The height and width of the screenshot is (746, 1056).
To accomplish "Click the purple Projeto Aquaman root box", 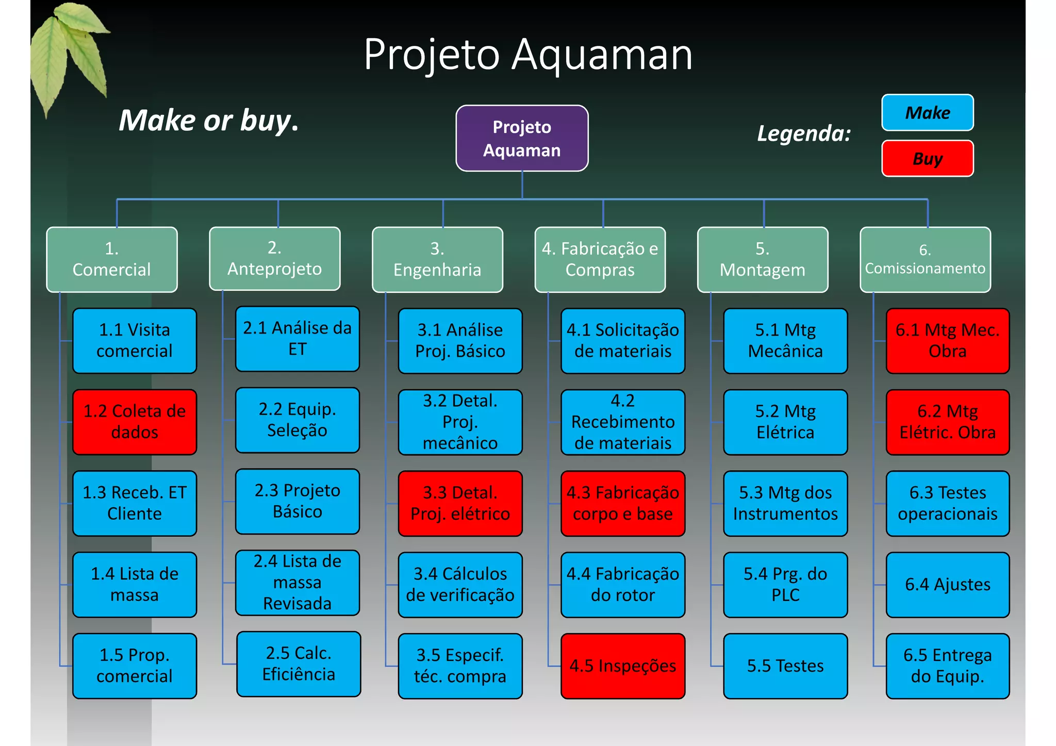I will pyautogui.click(x=522, y=138).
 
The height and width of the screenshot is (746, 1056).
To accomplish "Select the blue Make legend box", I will pyautogui.click(x=927, y=112).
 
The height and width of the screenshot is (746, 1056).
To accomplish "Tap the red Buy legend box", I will pyautogui.click(x=927, y=158).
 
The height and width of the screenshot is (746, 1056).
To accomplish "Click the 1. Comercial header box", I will pyautogui.click(x=112, y=259).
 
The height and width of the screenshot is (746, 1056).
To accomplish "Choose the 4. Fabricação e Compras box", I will pyautogui.click(x=600, y=259).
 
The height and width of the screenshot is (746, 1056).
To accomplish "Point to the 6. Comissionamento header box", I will pyautogui.click(x=925, y=259).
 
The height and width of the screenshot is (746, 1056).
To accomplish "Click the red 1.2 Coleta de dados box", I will pyautogui.click(x=135, y=422).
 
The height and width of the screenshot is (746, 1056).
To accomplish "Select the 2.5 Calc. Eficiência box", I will pyautogui.click(x=299, y=664).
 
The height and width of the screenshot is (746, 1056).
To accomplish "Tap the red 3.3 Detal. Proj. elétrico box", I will pyautogui.click(x=460, y=503).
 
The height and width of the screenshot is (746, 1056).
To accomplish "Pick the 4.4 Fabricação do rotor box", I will pyautogui.click(x=622, y=585).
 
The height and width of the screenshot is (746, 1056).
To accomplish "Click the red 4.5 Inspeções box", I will pyautogui.click(x=622, y=666).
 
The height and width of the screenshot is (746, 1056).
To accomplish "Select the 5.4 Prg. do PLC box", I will pyautogui.click(x=785, y=585).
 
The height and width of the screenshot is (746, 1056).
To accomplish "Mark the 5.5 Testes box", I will pyautogui.click(x=785, y=666).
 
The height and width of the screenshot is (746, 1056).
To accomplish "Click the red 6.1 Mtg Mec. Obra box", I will pyautogui.click(x=947, y=341).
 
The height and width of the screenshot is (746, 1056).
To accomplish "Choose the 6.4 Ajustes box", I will pyautogui.click(x=947, y=585).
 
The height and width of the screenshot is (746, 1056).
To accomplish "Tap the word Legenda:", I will pyautogui.click(x=803, y=134).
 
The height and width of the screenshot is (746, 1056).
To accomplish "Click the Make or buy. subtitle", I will pyautogui.click(x=209, y=120).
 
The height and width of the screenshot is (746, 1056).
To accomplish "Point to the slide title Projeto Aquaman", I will pyautogui.click(x=527, y=54).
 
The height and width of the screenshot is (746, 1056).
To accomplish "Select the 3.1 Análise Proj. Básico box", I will pyautogui.click(x=460, y=341).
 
